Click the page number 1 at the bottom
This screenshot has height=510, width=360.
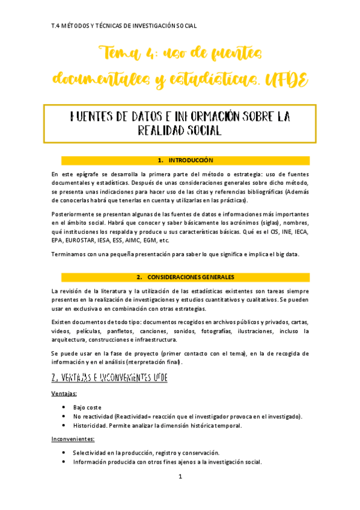[180, 476]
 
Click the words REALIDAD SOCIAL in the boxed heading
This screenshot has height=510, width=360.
[180, 130]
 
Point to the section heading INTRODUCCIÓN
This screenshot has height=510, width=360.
[191, 161]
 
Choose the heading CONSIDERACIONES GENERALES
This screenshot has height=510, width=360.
[191, 277]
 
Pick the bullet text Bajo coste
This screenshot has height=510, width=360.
[88, 407]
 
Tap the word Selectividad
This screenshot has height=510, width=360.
[91, 453]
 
